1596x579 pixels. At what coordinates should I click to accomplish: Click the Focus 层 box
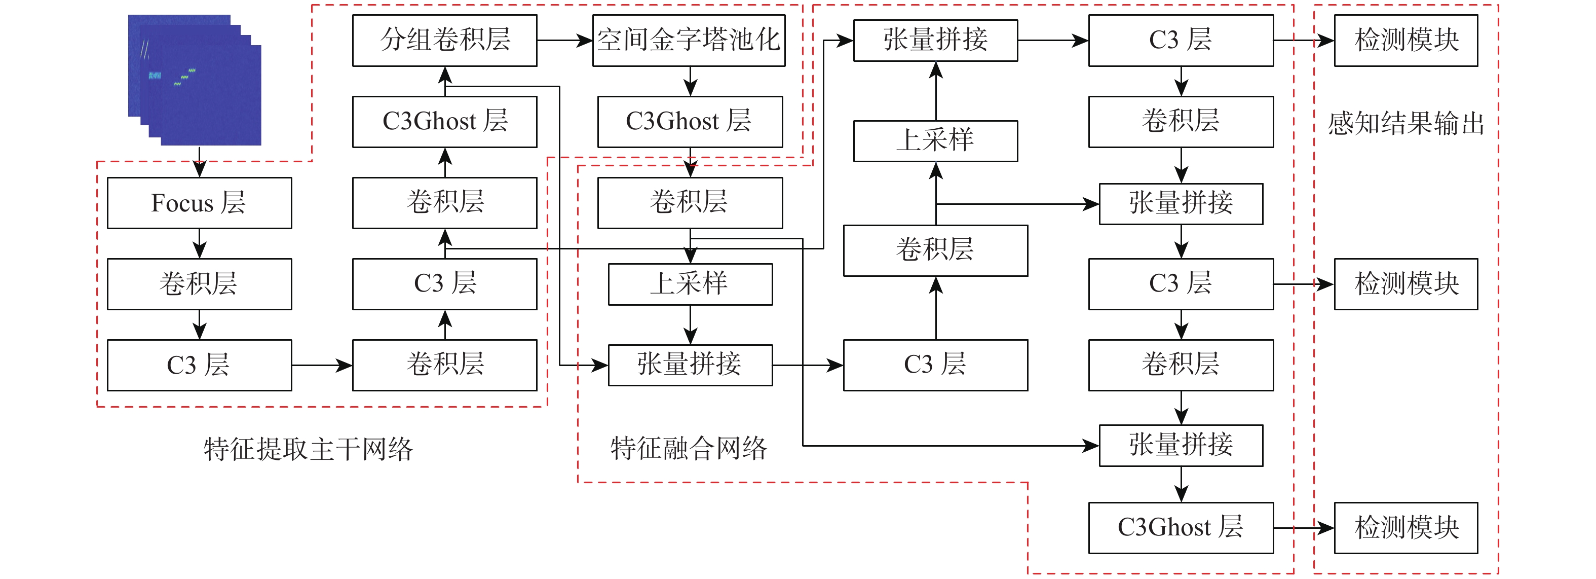pyautogui.click(x=199, y=203)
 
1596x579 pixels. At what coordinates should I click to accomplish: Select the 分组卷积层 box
pyautogui.click(x=444, y=40)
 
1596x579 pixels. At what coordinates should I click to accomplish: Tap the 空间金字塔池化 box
pyautogui.click(x=689, y=40)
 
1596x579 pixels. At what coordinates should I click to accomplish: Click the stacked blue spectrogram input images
pyautogui.click(x=195, y=81)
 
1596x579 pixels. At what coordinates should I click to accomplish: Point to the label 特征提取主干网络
pyautogui.click(x=308, y=448)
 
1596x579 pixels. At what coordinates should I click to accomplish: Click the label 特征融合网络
pyautogui.click(x=689, y=448)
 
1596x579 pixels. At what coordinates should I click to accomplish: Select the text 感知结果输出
pyautogui.click(x=1405, y=123)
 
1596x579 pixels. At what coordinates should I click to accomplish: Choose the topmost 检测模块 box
pyautogui.click(x=1405, y=40)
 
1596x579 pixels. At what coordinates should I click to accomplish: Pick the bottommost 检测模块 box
pyautogui.click(x=1405, y=528)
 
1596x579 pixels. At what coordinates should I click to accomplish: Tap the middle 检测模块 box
pyautogui.click(x=1405, y=284)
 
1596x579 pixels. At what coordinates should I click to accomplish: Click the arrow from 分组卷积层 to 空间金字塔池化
pyautogui.click(x=564, y=40)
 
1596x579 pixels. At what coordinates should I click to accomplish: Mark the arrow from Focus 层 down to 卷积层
pyautogui.click(x=199, y=243)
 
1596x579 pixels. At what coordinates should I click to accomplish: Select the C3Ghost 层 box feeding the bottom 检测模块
pyautogui.click(x=1180, y=528)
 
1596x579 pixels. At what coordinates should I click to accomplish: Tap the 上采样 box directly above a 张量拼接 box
pyautogui.click(x=690, y=284)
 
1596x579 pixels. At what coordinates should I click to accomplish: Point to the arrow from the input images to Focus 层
pyautogui.click(x=199, y=161)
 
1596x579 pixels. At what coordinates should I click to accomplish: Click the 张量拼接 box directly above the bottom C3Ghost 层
pyautogui.click(x=1180, y=445)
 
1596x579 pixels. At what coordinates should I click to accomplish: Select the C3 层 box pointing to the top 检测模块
pyautogui.click(x=1180, y=40)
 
